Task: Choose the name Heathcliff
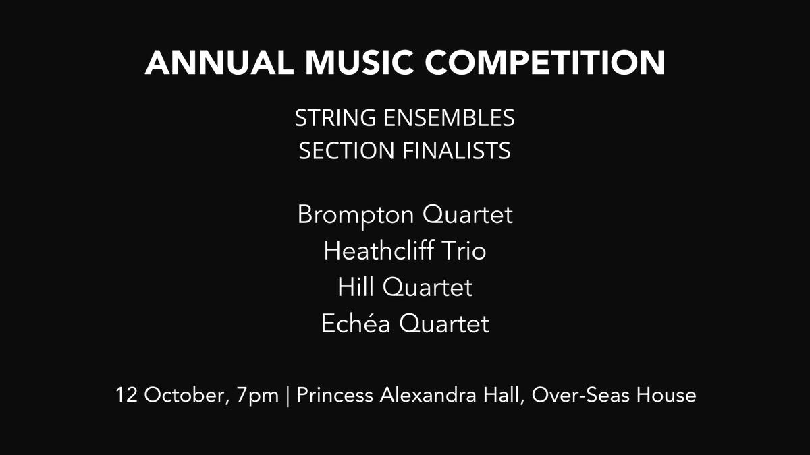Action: coord(379,251)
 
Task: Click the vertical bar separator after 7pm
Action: coord(288,395)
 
